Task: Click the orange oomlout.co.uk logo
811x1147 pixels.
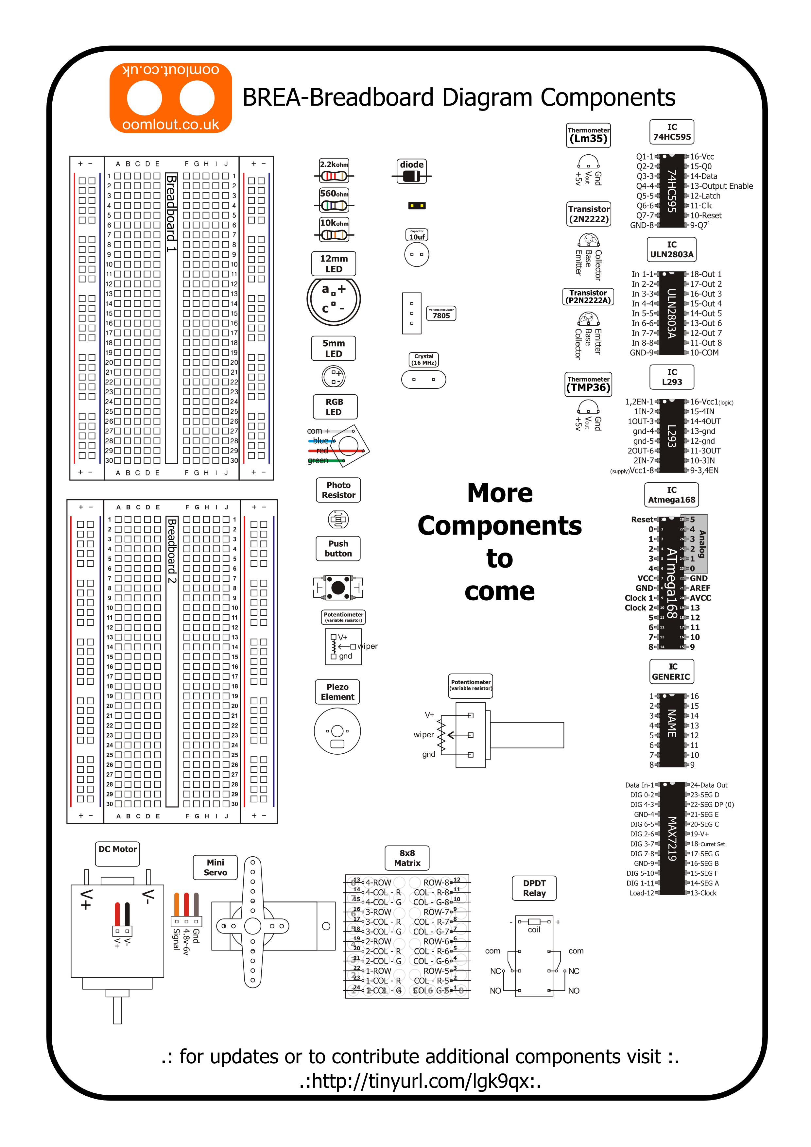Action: [170, 98]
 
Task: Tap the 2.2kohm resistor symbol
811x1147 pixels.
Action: [334, 176]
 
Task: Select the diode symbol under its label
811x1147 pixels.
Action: [411, 176]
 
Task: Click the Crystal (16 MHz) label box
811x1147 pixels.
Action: [423, 360]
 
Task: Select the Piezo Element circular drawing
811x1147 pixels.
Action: [337, 731]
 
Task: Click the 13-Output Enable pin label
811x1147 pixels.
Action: [721, 186]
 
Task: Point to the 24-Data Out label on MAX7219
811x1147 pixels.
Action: [709, 785]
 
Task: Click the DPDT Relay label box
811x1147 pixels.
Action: [534, 888]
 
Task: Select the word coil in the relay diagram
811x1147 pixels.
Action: [534, 930]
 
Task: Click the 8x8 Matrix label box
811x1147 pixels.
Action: [407, 858]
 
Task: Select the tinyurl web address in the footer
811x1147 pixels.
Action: [420, 1081]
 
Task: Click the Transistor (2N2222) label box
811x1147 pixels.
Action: [589, 214]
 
